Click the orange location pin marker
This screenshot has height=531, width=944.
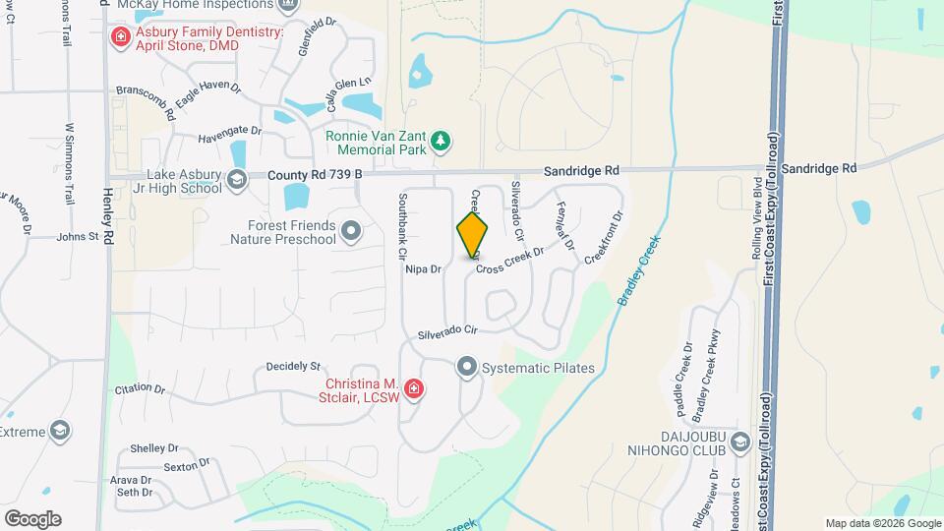coord(472,235)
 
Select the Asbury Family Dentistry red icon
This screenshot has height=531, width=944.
coord(120,38)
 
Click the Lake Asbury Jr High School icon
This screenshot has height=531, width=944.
coord(236,179)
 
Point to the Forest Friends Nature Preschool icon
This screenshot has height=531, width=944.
coord(351,232)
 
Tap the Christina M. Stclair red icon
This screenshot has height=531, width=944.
coord(414,389)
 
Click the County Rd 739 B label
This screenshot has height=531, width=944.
coord(315,175)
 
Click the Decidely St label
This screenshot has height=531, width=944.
coord(288,367)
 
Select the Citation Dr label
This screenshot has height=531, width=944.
coord(139,389)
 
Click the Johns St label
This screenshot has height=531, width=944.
coord(78,236)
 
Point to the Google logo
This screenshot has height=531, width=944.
coord(32,518)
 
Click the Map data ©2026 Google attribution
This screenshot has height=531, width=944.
coord(882,523)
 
